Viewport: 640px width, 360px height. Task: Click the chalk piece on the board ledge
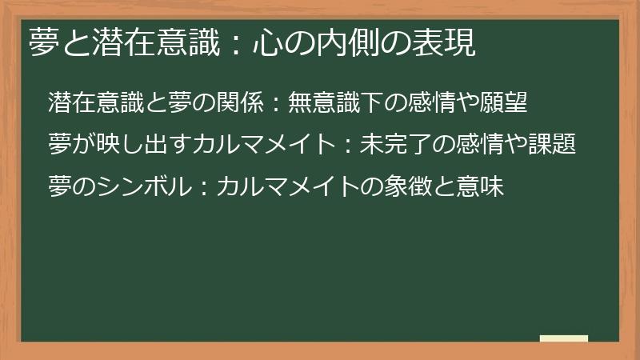pos(564,338)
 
